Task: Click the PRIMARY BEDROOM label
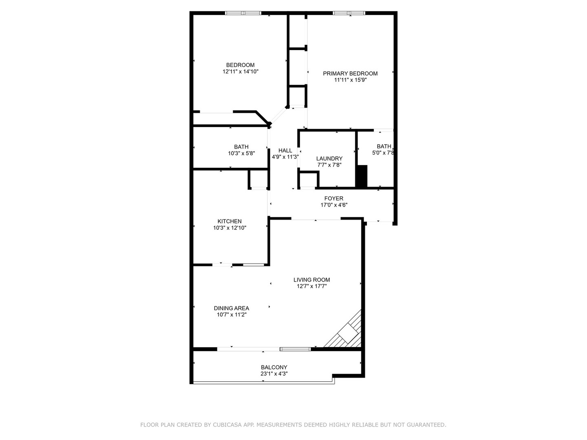pyautogui.click(x=350, y=73)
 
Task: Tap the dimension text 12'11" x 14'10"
pyautogui.click(x=241, y=72)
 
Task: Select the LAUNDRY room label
pyautogui.click(x=329, y=158)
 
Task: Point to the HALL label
pyautogui.click(x=285, y=150)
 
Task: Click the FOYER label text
pyautogui.click(x=334, y=198)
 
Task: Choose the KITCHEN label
pyautogui.click(x=230, y=221)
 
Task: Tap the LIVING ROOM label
pyautogui.click(x=312, y=279)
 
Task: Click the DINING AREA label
pyautogui.click(x=232, y=308)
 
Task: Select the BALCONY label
pyautogui.click(x=274, y=367)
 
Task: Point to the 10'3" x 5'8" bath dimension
pyautogui.click(x=241, y=154)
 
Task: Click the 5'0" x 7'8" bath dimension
pyautogui.click(x=383, y=153)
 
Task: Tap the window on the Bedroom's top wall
pyautogui.click(x=243, y=13)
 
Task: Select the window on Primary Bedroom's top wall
pyautogui.click(x=349, y=13)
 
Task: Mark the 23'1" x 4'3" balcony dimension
pyautogui.click(x=274, y=374)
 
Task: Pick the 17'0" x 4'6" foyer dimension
pyautogui.click(x=334, y=205)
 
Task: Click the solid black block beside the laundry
pyautogui.click(x=362, y=176)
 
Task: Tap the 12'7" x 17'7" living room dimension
pyautogui.click(x=312, y=286)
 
